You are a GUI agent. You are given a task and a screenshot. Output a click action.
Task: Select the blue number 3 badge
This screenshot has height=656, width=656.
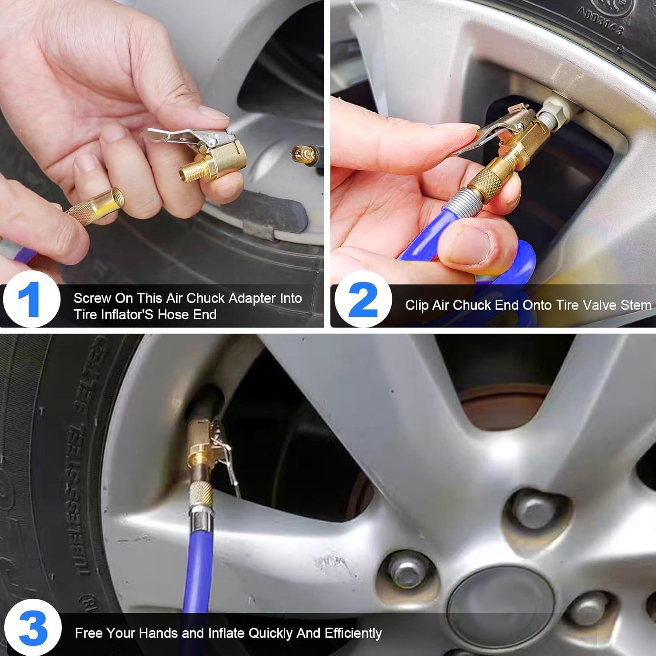pyautogui.click(x=32, y=628)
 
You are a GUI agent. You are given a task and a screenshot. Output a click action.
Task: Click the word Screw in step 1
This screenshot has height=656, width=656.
pyautogui.click(x=92, y=298)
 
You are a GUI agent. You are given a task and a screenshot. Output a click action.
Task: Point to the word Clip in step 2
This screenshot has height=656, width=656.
pyautogui.click(x=416, y=305)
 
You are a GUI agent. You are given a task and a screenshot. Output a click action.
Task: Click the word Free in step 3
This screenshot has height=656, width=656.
pyautogui.click(x=89, y=633)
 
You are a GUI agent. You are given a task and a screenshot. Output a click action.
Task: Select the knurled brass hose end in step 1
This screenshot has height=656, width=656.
pyautogui.click(x=96, y=206)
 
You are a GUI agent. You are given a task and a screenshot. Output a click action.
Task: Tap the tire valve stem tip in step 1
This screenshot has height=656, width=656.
pyautogui.click(x=301, y=154)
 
